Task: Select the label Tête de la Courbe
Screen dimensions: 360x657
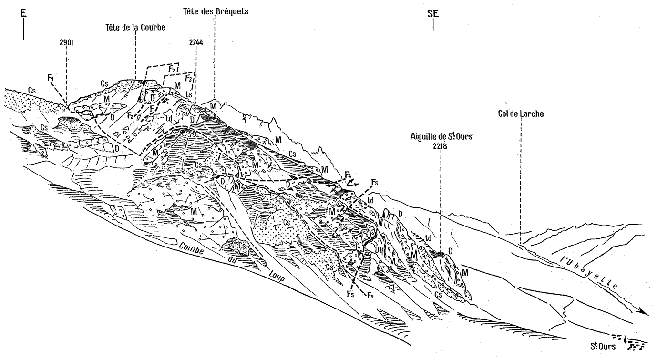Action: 135,28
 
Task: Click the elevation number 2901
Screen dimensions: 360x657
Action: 66,42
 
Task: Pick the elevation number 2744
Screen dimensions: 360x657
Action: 196,42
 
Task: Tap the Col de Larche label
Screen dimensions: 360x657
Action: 520,114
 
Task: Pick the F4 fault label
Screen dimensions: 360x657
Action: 348,175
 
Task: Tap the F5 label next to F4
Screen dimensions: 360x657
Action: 375,182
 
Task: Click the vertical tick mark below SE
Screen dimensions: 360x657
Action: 433,25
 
